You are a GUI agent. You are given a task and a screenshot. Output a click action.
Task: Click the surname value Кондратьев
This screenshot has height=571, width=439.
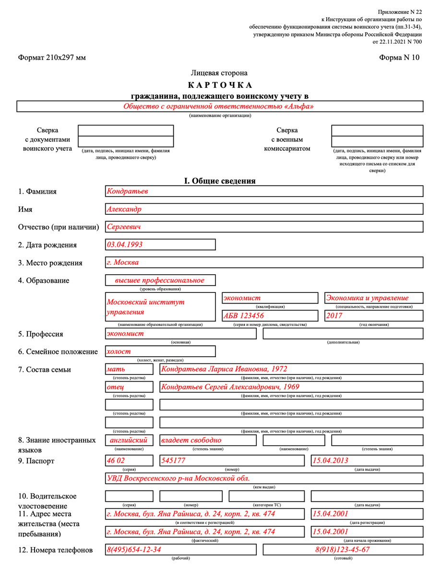click(128, 191)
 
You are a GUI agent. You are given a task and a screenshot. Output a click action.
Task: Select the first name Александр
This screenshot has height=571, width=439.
click(124, 209)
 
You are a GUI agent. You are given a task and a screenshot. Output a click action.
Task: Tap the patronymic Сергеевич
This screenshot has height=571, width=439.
click(124, 227)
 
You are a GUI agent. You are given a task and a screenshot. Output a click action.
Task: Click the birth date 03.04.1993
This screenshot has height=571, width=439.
click(125, 245)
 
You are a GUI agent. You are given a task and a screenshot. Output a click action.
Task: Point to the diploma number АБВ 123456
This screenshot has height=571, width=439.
click(244, 316)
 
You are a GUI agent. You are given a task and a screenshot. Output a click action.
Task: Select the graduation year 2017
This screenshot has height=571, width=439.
click(334, 316)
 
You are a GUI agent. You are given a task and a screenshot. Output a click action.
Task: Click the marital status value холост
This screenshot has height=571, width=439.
click(119, 351)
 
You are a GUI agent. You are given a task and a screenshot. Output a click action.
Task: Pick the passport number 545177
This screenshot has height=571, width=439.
click(173, 460)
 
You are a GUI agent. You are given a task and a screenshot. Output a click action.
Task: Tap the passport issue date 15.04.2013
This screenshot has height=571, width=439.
click(330, 460)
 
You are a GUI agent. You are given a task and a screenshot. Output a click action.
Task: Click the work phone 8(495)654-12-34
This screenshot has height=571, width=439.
click(134, 549)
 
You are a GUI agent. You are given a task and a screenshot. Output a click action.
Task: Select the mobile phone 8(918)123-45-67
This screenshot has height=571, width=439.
click(343, 549)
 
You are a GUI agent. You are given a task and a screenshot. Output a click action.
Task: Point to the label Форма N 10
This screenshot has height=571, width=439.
click(399, 58)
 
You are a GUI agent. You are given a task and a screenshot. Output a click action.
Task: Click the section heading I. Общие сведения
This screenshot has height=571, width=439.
click(220, 181)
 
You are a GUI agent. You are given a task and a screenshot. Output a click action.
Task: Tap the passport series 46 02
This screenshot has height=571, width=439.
click(115, 460)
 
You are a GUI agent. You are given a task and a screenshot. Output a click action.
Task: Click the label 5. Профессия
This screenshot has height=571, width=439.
click(41, 334)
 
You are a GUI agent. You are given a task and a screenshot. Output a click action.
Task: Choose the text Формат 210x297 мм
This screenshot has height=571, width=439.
click(52, 58)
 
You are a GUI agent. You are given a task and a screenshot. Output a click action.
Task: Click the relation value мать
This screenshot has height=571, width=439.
click(116, 369)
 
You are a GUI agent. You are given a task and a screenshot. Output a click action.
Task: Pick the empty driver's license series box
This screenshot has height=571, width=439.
click(129, 496)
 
